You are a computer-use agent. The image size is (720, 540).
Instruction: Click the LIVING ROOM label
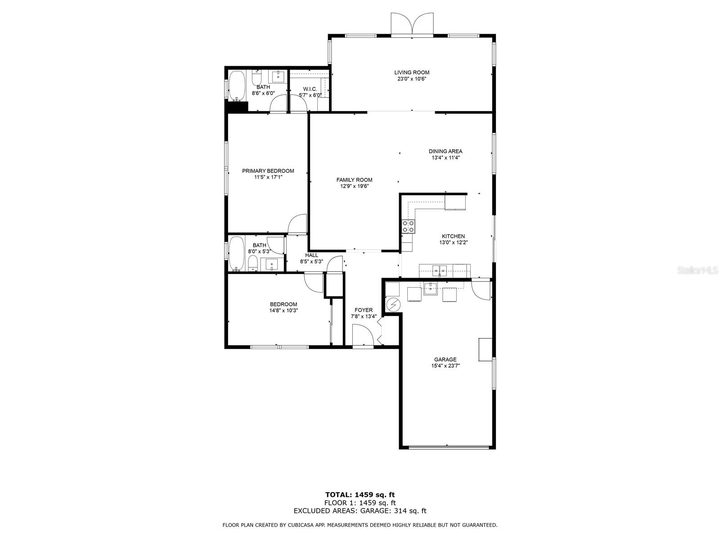pos(412,72)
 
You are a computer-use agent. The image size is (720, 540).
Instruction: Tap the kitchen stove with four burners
pos(409,226)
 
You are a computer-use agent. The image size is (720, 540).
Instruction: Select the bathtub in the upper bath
pos(236,85)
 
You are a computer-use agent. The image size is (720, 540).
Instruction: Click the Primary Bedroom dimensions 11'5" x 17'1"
pos(268,177)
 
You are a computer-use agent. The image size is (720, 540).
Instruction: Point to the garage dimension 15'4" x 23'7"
pos(445,366)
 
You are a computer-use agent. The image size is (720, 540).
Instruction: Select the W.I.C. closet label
pos(310,89)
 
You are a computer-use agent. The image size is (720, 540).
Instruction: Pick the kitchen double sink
pos(440,270)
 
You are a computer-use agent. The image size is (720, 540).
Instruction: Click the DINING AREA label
pos(445,152)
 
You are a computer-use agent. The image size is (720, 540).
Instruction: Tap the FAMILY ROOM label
pos(354,180)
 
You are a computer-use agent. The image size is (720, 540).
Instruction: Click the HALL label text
pos(311,255)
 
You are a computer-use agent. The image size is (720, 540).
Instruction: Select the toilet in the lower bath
pos(252,264)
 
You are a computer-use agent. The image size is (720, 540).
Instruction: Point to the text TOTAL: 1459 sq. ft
pos(360,495)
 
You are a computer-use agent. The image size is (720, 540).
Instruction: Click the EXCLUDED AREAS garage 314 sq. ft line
pos(360,511)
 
